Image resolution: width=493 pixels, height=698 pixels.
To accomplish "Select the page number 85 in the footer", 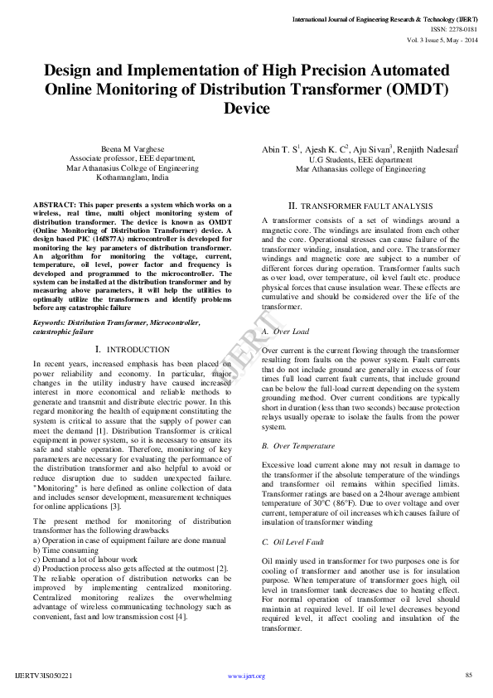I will pos(468,676).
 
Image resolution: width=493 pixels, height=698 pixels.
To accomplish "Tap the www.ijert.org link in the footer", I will pos(246,676).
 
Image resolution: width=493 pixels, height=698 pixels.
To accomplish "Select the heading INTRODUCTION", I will pos(127,350).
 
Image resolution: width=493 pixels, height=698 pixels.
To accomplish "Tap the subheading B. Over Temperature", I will pos(300,446).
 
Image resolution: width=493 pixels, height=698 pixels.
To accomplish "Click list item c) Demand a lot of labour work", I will pos(85,560).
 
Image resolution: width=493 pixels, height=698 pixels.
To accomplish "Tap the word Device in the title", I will pos(246,109).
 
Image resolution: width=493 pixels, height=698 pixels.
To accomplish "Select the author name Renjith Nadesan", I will pos(430,148).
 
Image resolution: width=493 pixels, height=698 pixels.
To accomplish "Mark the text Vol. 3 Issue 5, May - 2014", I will pos(442,38).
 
